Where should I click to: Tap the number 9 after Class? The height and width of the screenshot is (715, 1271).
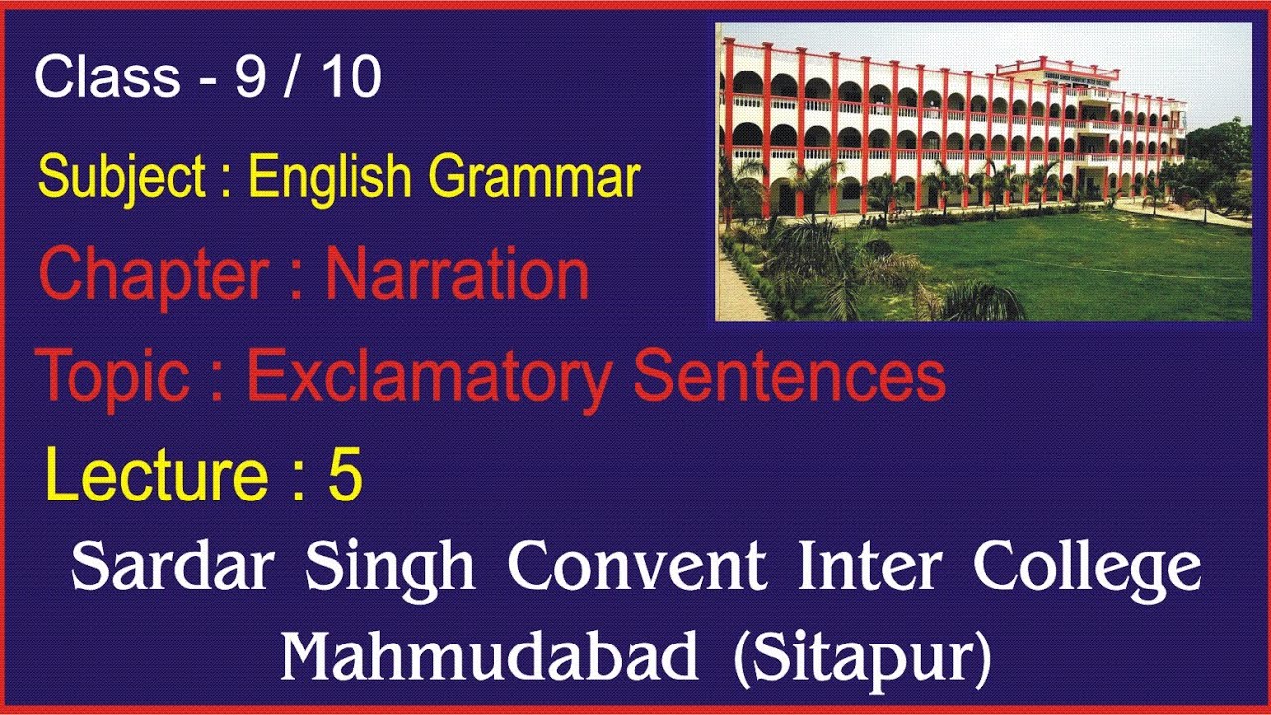click(x=250, y=77)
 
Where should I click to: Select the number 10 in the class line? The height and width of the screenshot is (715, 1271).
click(x=349, y=77)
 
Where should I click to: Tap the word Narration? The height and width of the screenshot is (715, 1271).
click(x=458, y=275)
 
